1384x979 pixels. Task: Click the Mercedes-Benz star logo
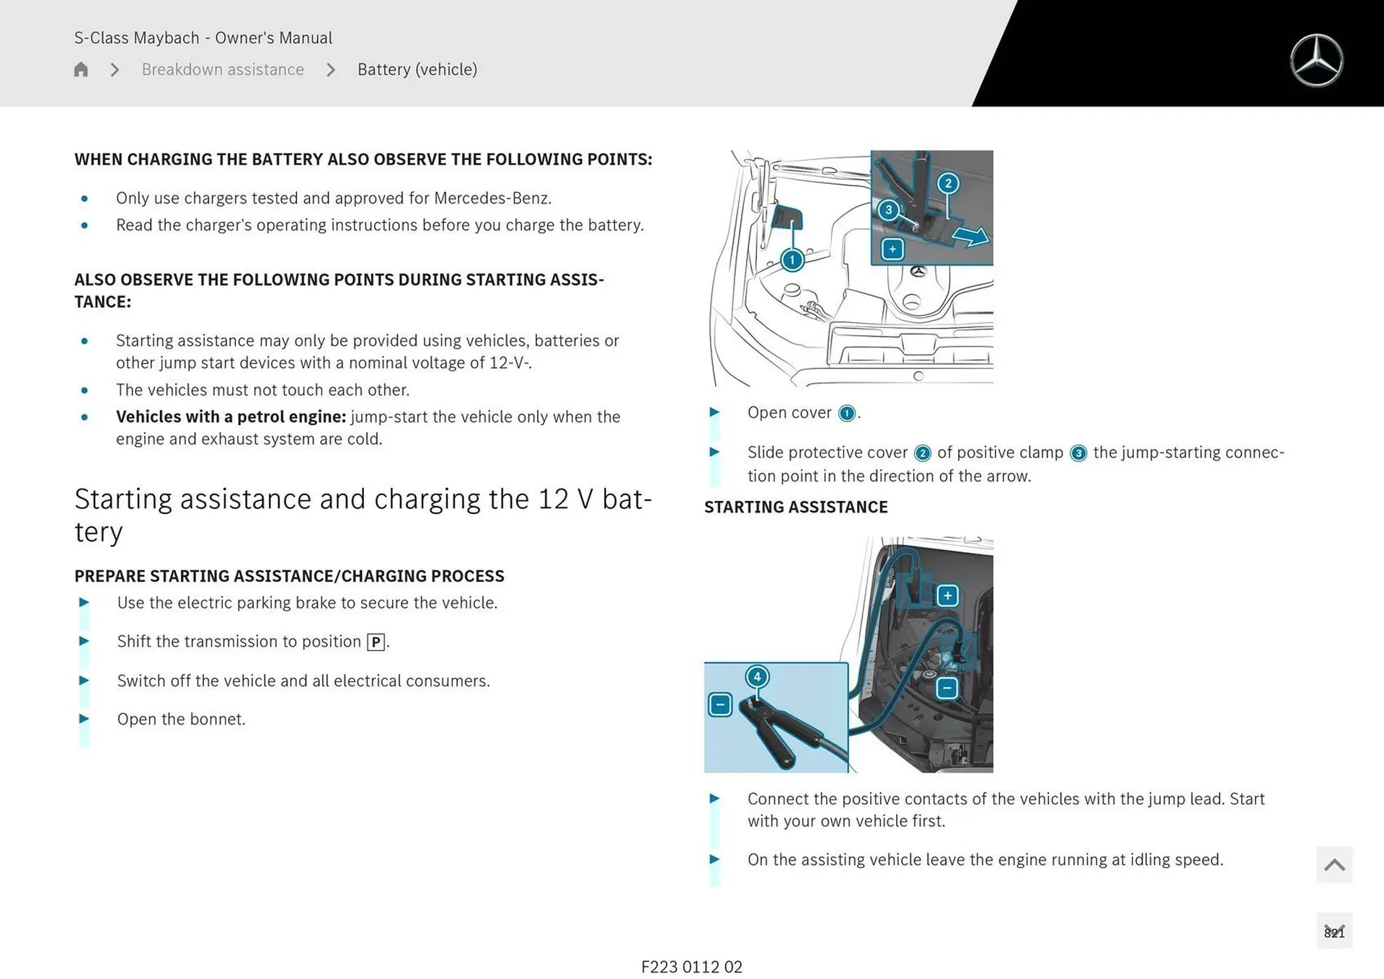pos(1316,61)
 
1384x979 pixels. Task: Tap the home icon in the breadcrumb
pos(81,69)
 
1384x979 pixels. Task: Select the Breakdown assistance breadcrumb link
pos(223,69)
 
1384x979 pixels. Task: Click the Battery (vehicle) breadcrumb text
pos(417,69)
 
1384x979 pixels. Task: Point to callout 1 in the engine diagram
pos(791,260)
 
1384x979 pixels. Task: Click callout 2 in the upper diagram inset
pos(948,183)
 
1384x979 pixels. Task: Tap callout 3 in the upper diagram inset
pos(888,210)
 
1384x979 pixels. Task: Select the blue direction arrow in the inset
pos(970,236)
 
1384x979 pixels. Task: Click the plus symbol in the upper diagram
pos(892,249)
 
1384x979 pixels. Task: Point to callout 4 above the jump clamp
pos(757,676)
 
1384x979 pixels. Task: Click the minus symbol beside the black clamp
pos(720,704)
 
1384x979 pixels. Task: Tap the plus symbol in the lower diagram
pos(948,595)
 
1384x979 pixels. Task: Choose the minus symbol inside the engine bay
pos(947,688)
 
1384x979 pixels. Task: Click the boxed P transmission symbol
pos(376,642)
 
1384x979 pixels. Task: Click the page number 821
pos(1334,932)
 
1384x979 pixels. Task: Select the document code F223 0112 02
pos(691,967)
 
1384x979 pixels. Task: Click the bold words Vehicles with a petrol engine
pos(231,417)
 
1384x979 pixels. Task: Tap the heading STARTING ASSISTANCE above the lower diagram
pos(796,507)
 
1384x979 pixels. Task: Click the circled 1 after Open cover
pos(847,413)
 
